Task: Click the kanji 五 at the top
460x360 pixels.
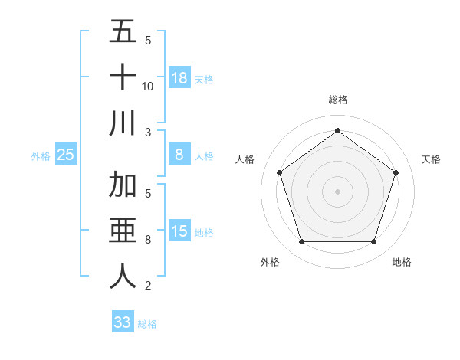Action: [x=123, y=33]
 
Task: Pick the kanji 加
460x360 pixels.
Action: [x=123, y=185]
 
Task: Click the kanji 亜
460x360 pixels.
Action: [x=123, y=231]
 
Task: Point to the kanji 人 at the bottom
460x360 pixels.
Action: [x=123, y=276]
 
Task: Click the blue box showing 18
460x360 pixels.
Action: [x=179, y=78]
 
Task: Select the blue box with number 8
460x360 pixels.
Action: [x=179, y=155]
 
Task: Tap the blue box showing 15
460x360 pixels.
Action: [x=179, y=231]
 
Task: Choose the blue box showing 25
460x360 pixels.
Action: [x=66, y=155]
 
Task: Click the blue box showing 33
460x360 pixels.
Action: [x=123, y=322]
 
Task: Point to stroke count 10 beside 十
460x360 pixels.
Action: [x=148, y=87]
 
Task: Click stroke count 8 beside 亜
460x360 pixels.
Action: [x=148, y=240]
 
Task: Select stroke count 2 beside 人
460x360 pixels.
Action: [x=148, y=286]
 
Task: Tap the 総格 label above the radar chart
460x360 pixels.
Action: [x=338, y=100]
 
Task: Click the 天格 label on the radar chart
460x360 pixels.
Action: [x=431, y=159]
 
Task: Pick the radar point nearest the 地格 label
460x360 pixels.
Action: [x=373, y=242]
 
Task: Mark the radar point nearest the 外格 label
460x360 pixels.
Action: [x=301, y=242]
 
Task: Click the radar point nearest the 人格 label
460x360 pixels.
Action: [x=279, y=173]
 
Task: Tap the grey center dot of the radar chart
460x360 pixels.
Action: [x=337, y=191]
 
